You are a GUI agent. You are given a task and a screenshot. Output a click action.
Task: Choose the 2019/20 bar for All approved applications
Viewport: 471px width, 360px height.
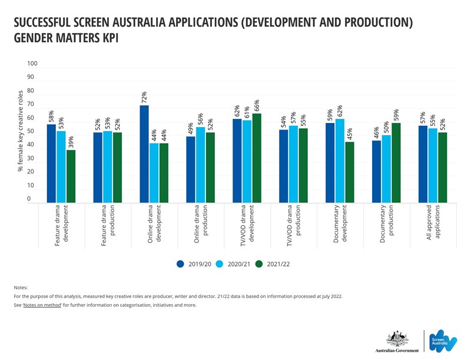click(x=423, y=164)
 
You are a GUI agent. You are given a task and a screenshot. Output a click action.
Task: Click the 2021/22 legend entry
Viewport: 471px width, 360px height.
click(x=273, y=264)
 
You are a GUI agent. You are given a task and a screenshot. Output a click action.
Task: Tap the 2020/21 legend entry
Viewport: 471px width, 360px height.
click(x=235, y=264)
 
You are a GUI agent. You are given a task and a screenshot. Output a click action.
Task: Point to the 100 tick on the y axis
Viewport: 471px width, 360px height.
click(x=32, y=64)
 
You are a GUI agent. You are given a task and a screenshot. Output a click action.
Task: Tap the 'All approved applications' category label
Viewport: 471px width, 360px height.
click(x=433, y=222)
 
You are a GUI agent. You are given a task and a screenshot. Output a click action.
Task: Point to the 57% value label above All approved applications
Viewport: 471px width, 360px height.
click(x=423, y=118)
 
